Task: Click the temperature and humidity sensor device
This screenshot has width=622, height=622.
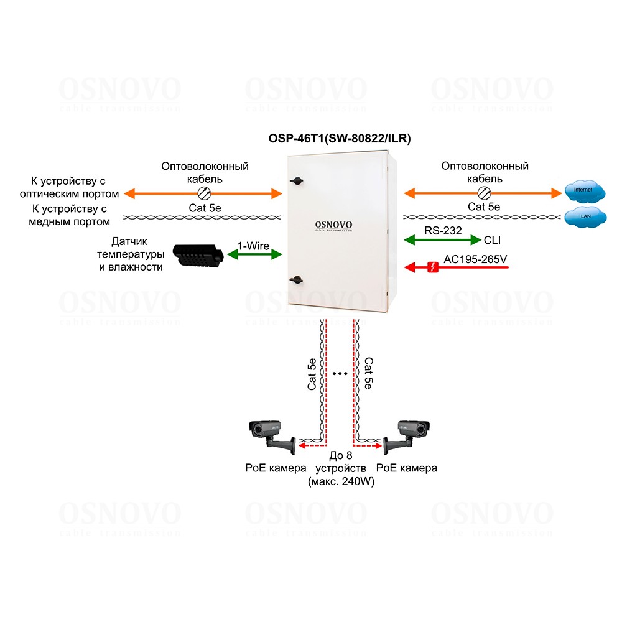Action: tap(197, 255)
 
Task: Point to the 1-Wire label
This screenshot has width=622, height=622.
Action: tap(254, 246)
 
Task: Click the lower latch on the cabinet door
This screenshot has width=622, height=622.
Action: tap(297, 279)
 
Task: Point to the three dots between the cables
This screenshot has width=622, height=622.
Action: tap(340, 374)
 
